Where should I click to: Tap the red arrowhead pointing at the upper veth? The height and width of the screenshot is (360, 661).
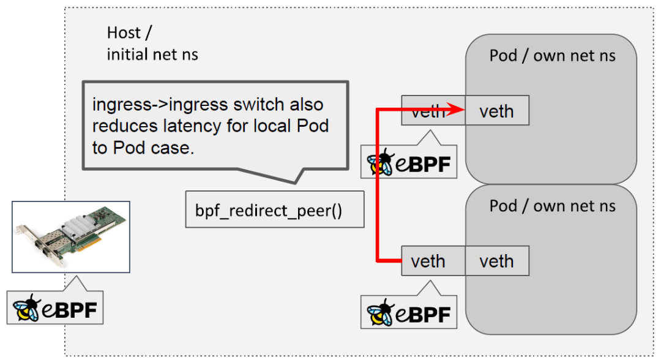click(x=454, y=111)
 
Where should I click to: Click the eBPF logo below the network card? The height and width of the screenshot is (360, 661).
click(x=56, y=308)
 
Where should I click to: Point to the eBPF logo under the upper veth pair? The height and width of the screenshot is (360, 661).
click(x=409, y=162)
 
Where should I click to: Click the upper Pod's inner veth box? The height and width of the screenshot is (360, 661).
click(x=496, y=111)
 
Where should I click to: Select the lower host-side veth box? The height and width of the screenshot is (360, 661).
click(x=428, y=261)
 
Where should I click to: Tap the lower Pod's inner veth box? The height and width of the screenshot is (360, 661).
click(x=496, y=261)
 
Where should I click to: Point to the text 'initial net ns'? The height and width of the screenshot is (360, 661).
click(x=152, y=54)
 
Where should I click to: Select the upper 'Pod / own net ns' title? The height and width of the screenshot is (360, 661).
click(x=552, y=56)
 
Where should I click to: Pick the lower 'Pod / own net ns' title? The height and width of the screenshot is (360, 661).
click(x=552, y=205)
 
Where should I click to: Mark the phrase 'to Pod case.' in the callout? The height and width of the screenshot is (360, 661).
click(x=143, y=148)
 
